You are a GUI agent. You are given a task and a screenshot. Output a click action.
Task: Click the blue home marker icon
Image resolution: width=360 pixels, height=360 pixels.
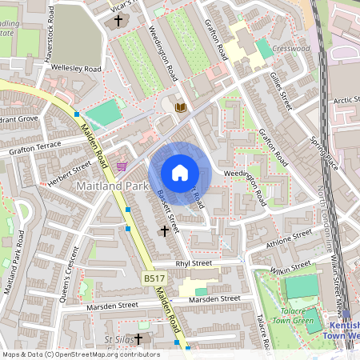[180, 173]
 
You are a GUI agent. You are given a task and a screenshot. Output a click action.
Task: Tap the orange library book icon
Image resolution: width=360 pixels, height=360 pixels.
[181, 107]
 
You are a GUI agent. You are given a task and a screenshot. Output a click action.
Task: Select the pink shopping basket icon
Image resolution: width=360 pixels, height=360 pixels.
[122, 166]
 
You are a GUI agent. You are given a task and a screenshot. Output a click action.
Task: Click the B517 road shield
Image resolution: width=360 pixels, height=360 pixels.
[154, 278]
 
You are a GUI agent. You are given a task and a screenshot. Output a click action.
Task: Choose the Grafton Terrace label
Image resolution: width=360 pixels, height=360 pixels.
[35, 147]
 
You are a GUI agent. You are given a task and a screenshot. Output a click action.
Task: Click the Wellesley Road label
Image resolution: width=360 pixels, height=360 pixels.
[76, 69]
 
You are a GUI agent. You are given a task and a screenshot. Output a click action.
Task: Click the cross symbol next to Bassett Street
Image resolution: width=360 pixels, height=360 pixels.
[165, 231]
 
